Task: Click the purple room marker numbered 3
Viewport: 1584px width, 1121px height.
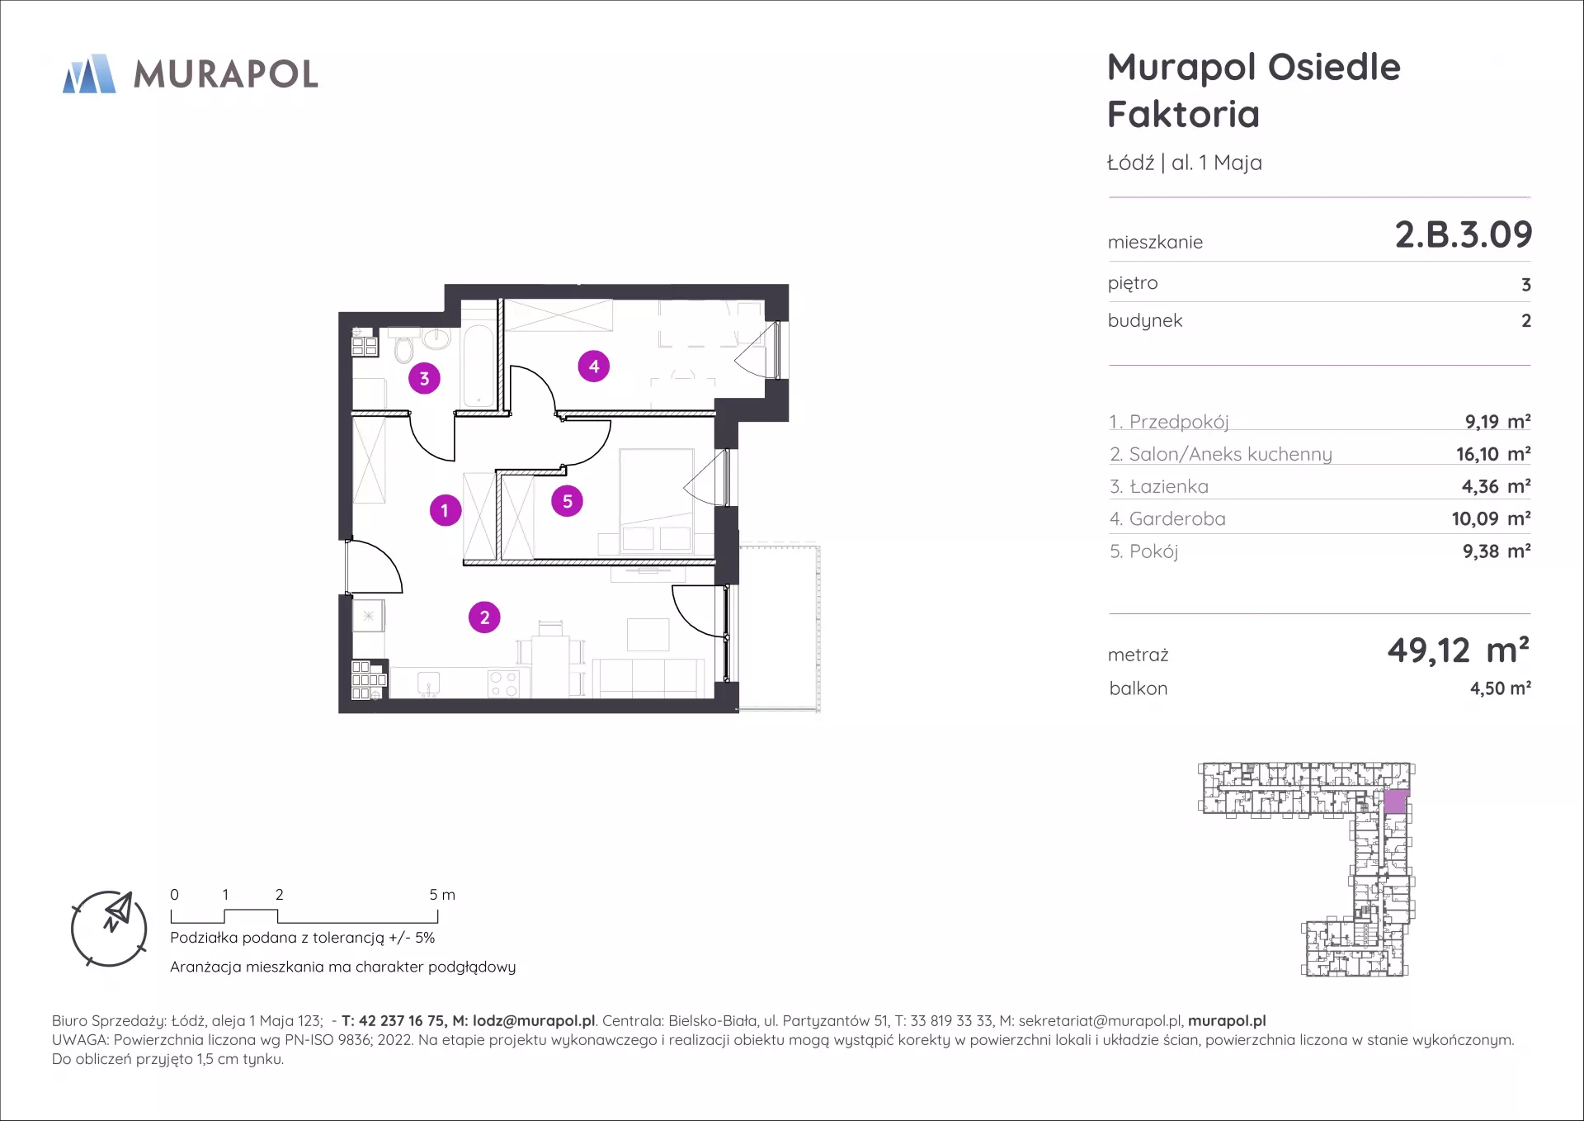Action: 424,378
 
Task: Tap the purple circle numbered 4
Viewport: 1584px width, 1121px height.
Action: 594,366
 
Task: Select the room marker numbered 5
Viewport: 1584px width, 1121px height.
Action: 568,501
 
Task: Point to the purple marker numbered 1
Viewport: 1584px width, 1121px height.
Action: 445,510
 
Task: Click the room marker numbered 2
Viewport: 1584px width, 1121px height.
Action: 484,617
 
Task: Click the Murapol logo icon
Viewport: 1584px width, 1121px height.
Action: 89,73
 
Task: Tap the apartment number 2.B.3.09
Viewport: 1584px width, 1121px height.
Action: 1463,234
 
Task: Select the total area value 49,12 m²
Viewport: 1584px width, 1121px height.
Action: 1458,650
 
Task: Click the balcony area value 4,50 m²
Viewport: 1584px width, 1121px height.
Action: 1500,688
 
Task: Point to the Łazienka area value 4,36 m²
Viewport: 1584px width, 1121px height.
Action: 1496,486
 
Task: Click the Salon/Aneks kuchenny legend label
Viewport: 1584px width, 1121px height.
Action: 1230,454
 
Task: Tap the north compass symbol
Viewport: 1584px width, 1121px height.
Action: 109,929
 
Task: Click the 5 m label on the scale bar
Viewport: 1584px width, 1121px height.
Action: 442,895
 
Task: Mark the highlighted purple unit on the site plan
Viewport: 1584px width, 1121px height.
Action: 1395,802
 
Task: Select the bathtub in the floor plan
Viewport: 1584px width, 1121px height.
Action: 478,366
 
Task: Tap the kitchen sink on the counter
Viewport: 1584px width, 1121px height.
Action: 428,683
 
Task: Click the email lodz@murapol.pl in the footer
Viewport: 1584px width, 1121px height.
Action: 534,1021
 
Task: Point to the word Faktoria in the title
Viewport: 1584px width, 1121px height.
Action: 1183,114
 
